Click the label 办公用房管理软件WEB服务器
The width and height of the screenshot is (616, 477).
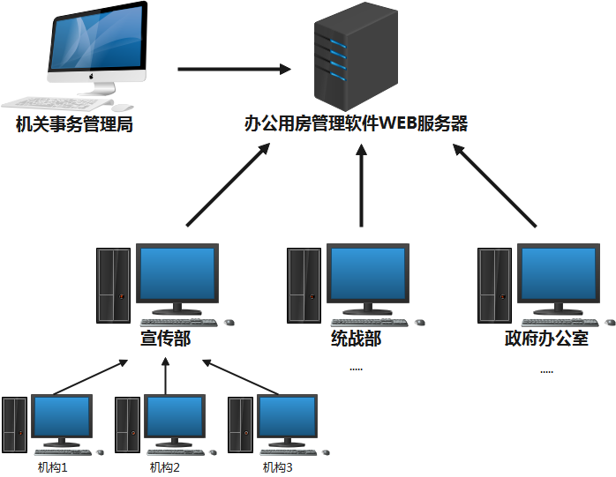(x=356, y=124)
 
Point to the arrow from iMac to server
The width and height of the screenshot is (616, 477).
(x=234, y=68)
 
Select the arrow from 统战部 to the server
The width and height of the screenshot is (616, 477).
(x=361, y=187)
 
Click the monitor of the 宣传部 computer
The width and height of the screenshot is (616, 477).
(x=177, y=274)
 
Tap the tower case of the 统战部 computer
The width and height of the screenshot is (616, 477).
(x=304, y=284)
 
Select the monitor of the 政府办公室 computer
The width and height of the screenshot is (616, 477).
(x=558, y=274)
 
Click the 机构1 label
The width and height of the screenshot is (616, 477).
(x=52, y=467)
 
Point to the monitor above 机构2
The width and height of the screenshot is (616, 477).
(x=175, y=417)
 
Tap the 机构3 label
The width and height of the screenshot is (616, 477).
(x=277, y=467)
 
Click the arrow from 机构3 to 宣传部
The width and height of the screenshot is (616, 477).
(x=241, y=377)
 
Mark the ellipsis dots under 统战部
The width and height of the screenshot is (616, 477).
(x=356, y=369)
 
